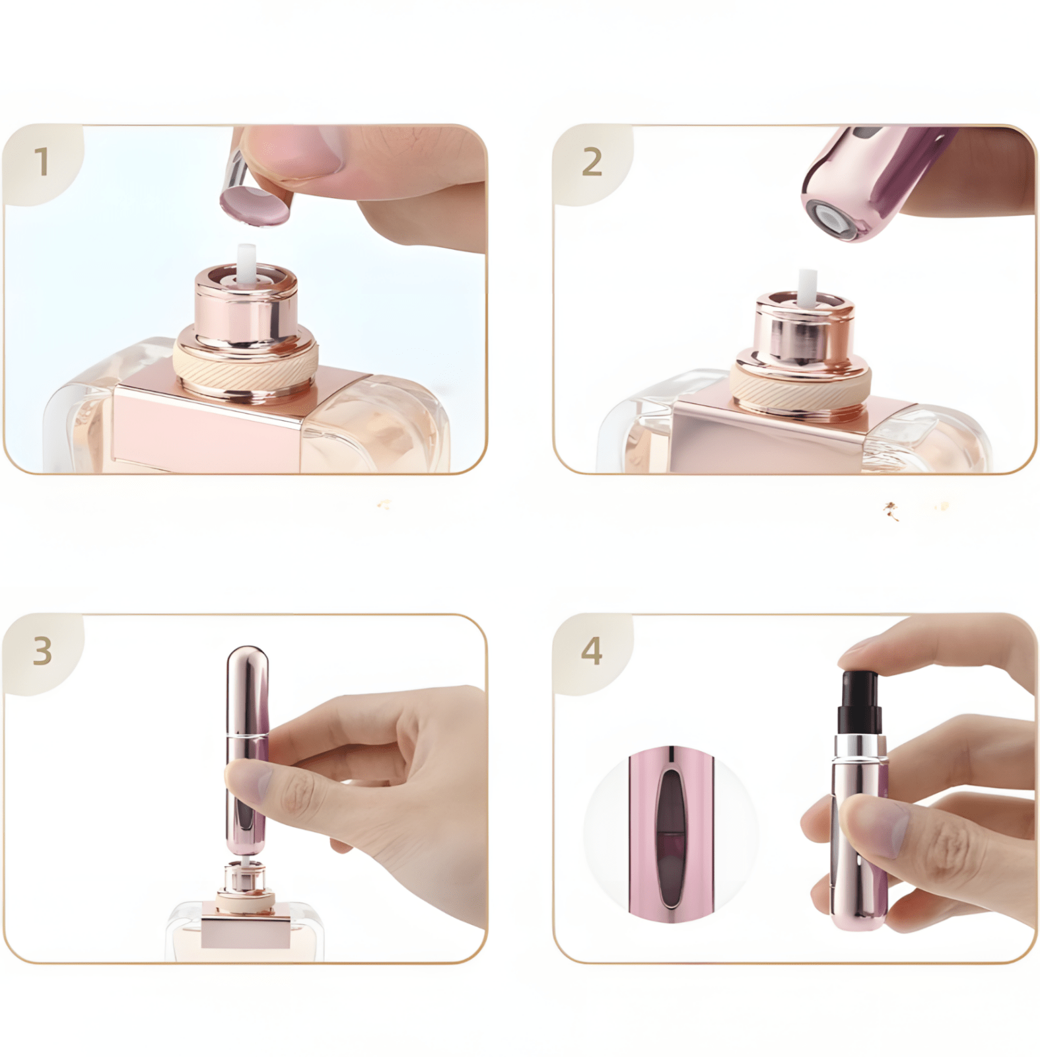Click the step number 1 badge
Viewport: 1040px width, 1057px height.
click(x=42, y=162)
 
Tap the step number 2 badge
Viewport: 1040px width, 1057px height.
click(x=592, y=162)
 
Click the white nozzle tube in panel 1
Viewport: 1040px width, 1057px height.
click(x=246, y=261)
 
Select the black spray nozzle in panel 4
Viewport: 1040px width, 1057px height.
click(x=859, y=700)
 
